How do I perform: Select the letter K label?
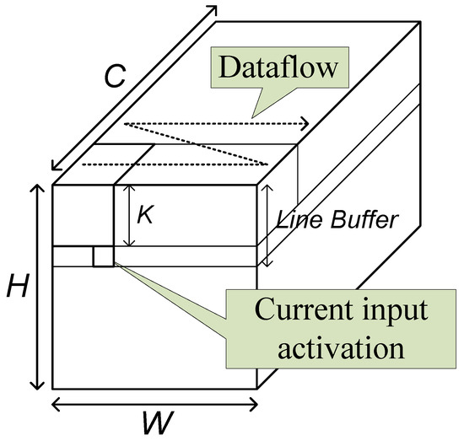(x=145, y=217)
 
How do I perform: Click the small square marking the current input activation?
(x=103, y=257)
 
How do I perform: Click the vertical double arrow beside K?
(x=126, y=217)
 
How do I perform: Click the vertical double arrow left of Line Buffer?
(x=267, y=224)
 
